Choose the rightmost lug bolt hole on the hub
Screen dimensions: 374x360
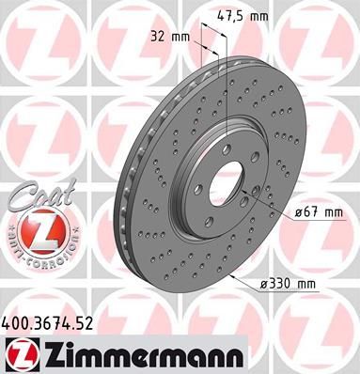(246, 168)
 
